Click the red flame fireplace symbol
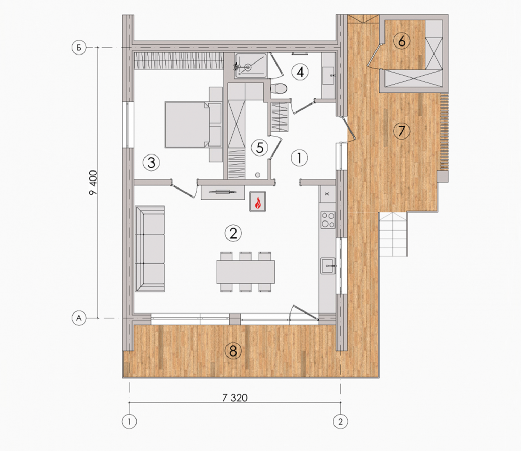[257, 202]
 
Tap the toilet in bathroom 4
[278, 89]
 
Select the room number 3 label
[151, 163]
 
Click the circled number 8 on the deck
[233, 351]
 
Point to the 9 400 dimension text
[93, 183]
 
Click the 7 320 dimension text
[235, 398]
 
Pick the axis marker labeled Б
[79, 48]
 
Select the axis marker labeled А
[79, 318]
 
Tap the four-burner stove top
[328, 220]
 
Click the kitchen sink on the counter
[328, 266]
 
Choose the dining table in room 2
[246, 272]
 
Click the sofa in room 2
[150, 249]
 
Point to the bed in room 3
[187, 124]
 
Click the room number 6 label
[402, 41]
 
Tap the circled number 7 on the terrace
[401, 131]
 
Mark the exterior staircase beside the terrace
[394, 234]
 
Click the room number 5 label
[259, 148]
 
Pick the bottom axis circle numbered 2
[340, 421]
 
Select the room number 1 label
[299, 158]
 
